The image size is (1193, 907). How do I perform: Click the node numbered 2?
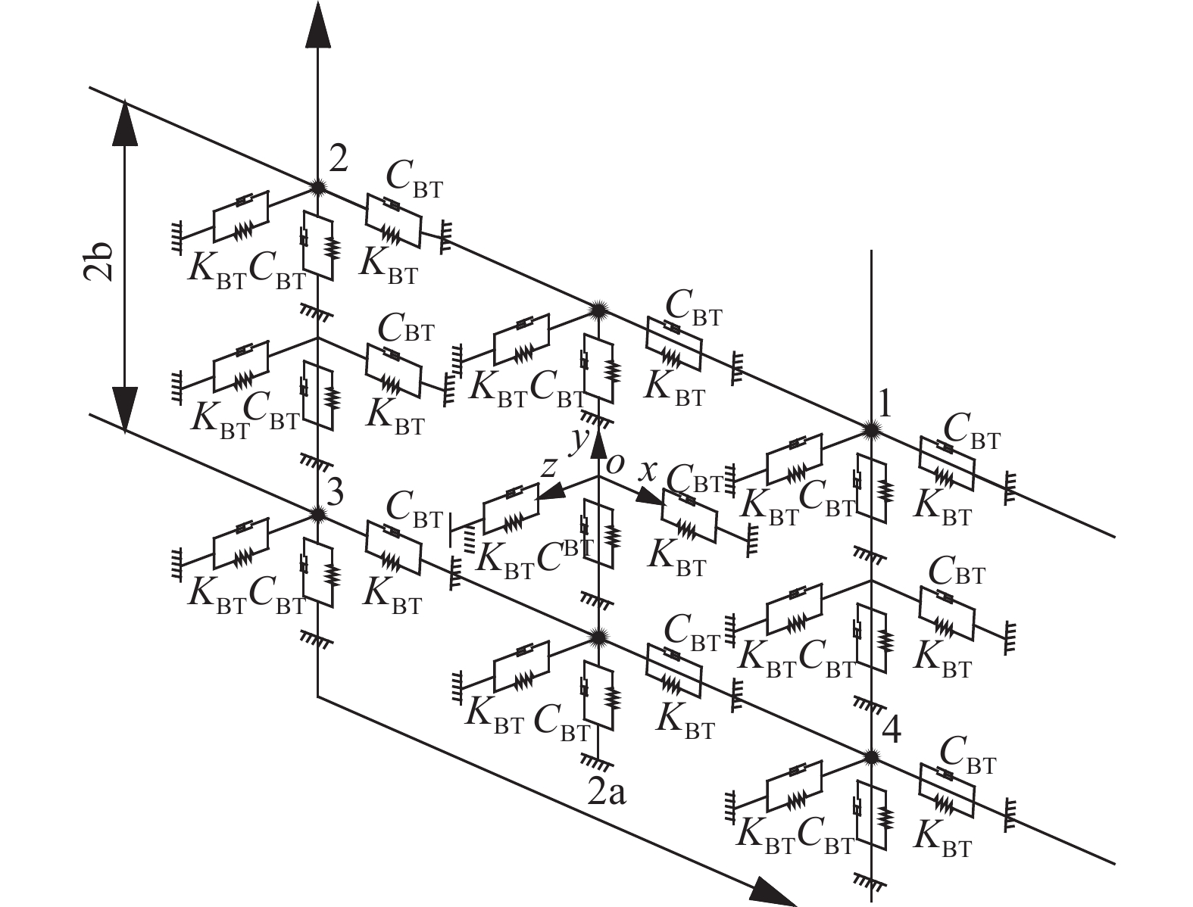[317, 186]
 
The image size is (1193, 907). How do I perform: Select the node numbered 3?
[317, 514]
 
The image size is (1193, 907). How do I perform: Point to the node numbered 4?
[871, 756]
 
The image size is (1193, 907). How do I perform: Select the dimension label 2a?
[607, 791]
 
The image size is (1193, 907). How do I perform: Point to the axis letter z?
[549, 466]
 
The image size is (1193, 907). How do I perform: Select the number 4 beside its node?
[892, 732]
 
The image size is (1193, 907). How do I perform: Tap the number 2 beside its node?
[338, 159]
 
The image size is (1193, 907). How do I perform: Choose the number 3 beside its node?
[335, 494]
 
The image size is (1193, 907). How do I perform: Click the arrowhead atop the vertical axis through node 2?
[317, 26]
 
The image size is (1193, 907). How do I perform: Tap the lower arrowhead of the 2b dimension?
[125, 409]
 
